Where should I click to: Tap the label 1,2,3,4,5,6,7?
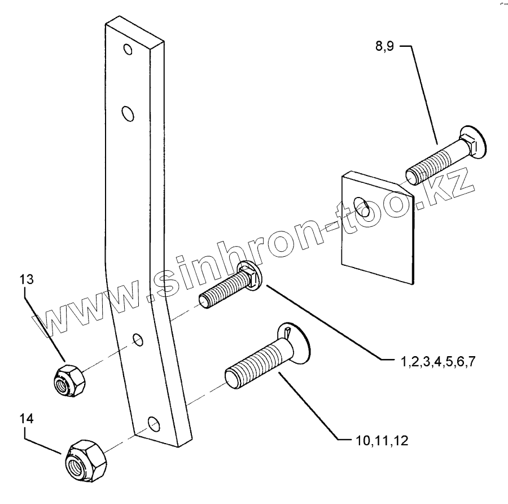tap(437, 361)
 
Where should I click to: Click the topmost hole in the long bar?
tap(129, 49)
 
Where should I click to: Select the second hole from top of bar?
tap(129, 115)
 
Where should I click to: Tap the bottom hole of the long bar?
tap(150, 422)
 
